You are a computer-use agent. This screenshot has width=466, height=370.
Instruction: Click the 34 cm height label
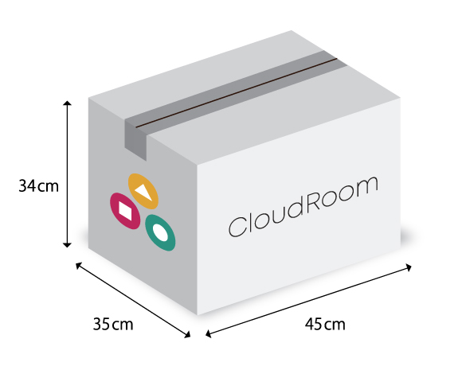[x=39, y=186]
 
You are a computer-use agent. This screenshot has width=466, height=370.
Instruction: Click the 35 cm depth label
[x=113, y=324]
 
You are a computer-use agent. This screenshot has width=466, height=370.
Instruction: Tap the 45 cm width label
[x=325, y=324]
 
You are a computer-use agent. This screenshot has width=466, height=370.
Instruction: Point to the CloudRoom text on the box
[x=303, y=207]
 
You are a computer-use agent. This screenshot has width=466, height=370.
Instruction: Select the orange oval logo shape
[x=143, y=191]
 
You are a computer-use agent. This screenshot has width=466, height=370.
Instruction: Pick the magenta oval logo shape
[x=125, y=211]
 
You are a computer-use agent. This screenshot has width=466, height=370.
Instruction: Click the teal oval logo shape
[x=160, y=232]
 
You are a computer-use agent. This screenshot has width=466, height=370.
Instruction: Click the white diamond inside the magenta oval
[x=125, y=211]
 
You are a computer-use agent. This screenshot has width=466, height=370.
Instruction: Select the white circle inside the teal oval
[x=159, y=232]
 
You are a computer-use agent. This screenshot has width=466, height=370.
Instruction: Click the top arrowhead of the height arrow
[x=68, y=103]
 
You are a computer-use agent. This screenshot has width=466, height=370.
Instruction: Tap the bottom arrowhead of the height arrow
[x=68, y=245]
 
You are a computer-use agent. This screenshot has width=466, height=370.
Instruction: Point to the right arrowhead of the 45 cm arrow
[x=409, y=267]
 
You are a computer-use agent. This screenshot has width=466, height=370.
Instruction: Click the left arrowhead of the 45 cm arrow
[x=208, y=333]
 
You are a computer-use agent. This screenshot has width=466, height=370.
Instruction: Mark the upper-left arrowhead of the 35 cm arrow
[x=78, y=266]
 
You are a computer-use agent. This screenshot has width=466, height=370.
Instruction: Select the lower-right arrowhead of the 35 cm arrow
[x=187, y=335]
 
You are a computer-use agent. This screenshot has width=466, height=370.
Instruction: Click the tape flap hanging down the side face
[x=135, y=140]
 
